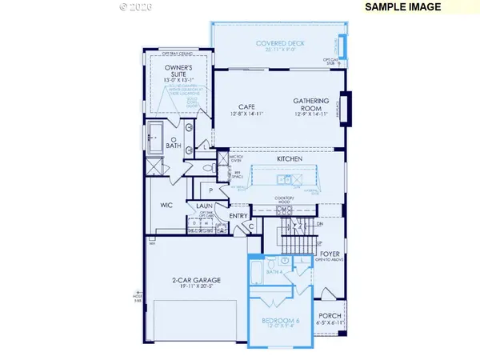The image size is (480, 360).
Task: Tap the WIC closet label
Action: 166,206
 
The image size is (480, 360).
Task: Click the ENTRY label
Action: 238,216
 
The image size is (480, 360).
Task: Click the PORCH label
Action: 330,316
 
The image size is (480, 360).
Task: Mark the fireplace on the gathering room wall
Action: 345,108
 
